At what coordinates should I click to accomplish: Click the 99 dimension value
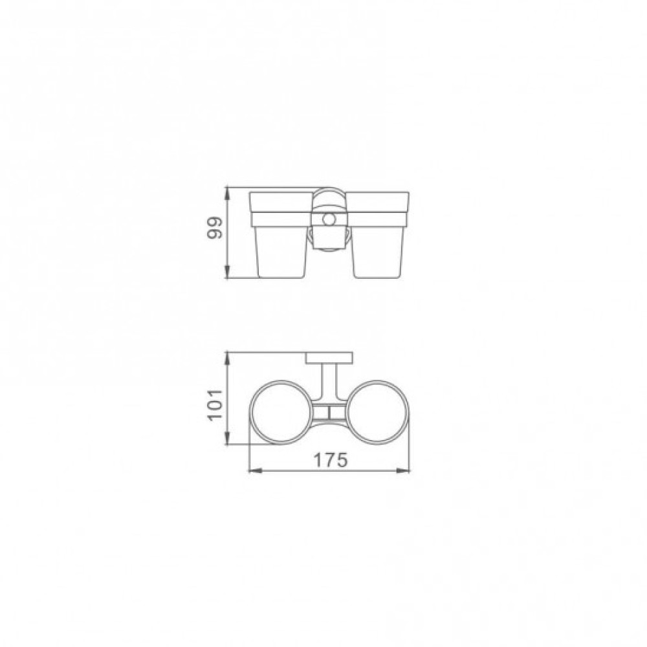(x=215, y=228)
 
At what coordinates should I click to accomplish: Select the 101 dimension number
(x=215, y=404)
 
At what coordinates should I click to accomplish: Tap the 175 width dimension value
(x=331, y=460)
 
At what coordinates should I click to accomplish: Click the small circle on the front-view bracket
(x=329, y=219)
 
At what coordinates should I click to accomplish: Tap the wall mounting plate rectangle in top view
(x=329, y=358)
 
